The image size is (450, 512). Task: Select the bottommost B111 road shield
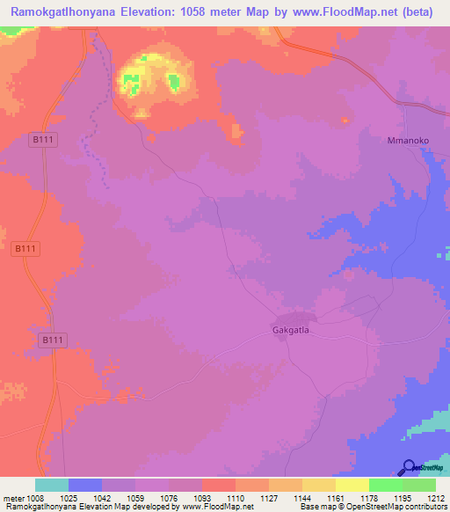pos(54,339)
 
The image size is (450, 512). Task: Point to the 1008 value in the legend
pos(36,498)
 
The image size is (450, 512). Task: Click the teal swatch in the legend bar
pos(52,485)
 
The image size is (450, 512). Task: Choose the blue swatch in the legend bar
pos(85,485)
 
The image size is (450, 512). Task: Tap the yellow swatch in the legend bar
pos(352,485)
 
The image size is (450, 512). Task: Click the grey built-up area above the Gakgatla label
pos(296,320)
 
